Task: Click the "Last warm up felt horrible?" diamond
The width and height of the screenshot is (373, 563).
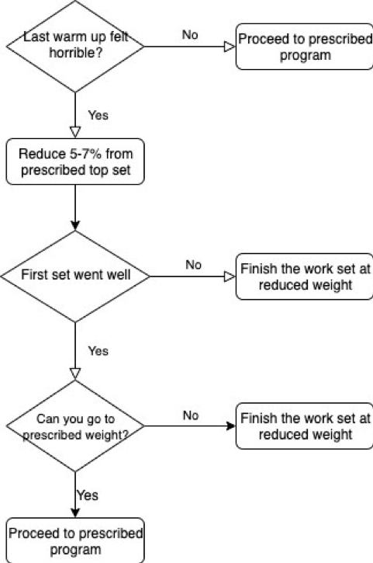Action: click(75, 47)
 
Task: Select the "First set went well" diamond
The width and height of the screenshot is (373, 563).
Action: click(75, 276)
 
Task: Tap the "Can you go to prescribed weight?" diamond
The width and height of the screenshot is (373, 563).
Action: click(75, 426)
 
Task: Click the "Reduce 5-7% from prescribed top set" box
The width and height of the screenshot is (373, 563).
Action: click(75, 162)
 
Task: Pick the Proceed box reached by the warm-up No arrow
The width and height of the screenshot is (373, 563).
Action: click(305, 47)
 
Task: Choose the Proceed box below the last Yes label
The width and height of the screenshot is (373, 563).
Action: click(75, 540)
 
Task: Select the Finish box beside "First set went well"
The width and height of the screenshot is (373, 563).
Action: click(305, 276)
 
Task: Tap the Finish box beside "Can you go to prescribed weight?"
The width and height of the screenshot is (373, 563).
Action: click(305, 426)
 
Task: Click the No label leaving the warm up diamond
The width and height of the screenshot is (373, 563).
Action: click(190, 35)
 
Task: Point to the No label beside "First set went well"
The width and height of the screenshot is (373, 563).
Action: click(193, 265)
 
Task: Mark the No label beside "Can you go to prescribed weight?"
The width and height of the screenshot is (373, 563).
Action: click(191, 415)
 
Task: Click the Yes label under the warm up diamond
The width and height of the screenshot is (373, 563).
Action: click(98, 115)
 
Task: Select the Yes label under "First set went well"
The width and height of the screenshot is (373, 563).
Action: click(98, 351)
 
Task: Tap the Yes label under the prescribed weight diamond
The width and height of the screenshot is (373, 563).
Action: click(87, 495)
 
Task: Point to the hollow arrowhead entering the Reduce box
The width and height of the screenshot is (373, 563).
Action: click(75, 132)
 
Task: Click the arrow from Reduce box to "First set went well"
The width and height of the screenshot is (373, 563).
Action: click(75, 207)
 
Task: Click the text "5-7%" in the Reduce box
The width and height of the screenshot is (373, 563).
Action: click(86, 154)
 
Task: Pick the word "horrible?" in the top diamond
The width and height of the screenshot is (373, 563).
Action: click(76, 53)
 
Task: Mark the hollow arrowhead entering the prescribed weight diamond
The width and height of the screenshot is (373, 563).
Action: click(75, 374)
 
